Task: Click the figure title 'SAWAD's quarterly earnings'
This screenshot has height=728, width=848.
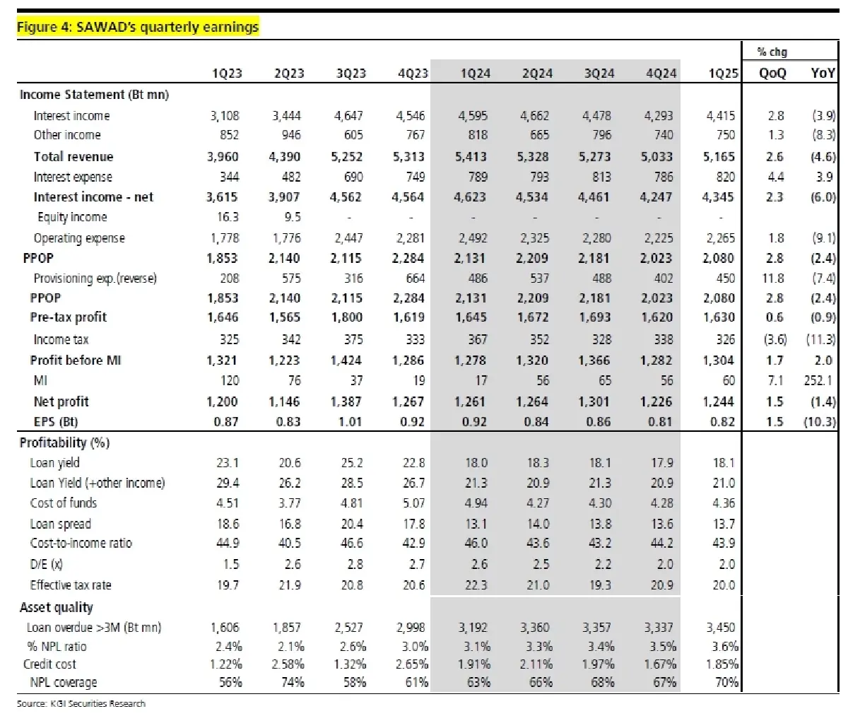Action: tap(138, 27)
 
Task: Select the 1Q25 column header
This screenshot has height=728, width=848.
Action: tap(722, 74)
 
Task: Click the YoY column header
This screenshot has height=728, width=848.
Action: tap(823, 74)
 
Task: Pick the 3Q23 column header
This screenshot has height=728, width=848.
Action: tap(351, 74)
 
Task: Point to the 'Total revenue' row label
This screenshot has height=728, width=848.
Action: tap(73, 157)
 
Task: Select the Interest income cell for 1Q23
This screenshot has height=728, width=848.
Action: tap(225, 116)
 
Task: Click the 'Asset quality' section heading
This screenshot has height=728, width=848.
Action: tap(57, 607)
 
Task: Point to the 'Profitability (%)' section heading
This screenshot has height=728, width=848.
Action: tap(65, 443)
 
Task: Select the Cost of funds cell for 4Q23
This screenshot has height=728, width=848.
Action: tap(413, 503)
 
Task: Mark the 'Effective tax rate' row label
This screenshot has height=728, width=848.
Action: tap(71, 585)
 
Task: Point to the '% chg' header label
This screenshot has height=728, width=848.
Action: tap(772, 52)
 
